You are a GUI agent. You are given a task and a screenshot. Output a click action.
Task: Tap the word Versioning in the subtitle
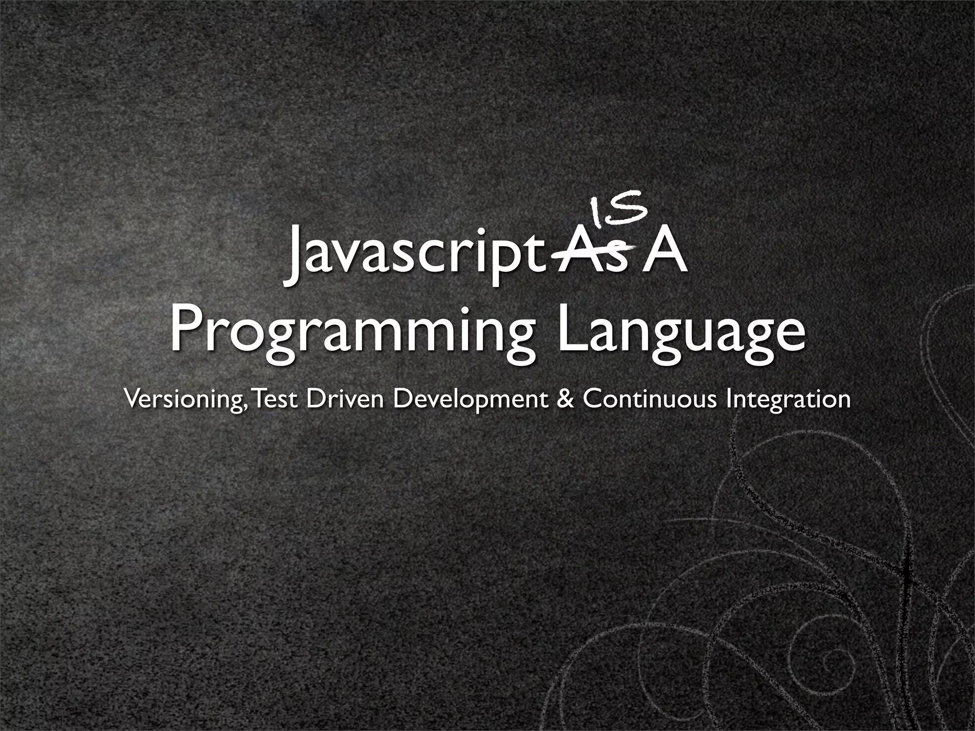tap(181, 399)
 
